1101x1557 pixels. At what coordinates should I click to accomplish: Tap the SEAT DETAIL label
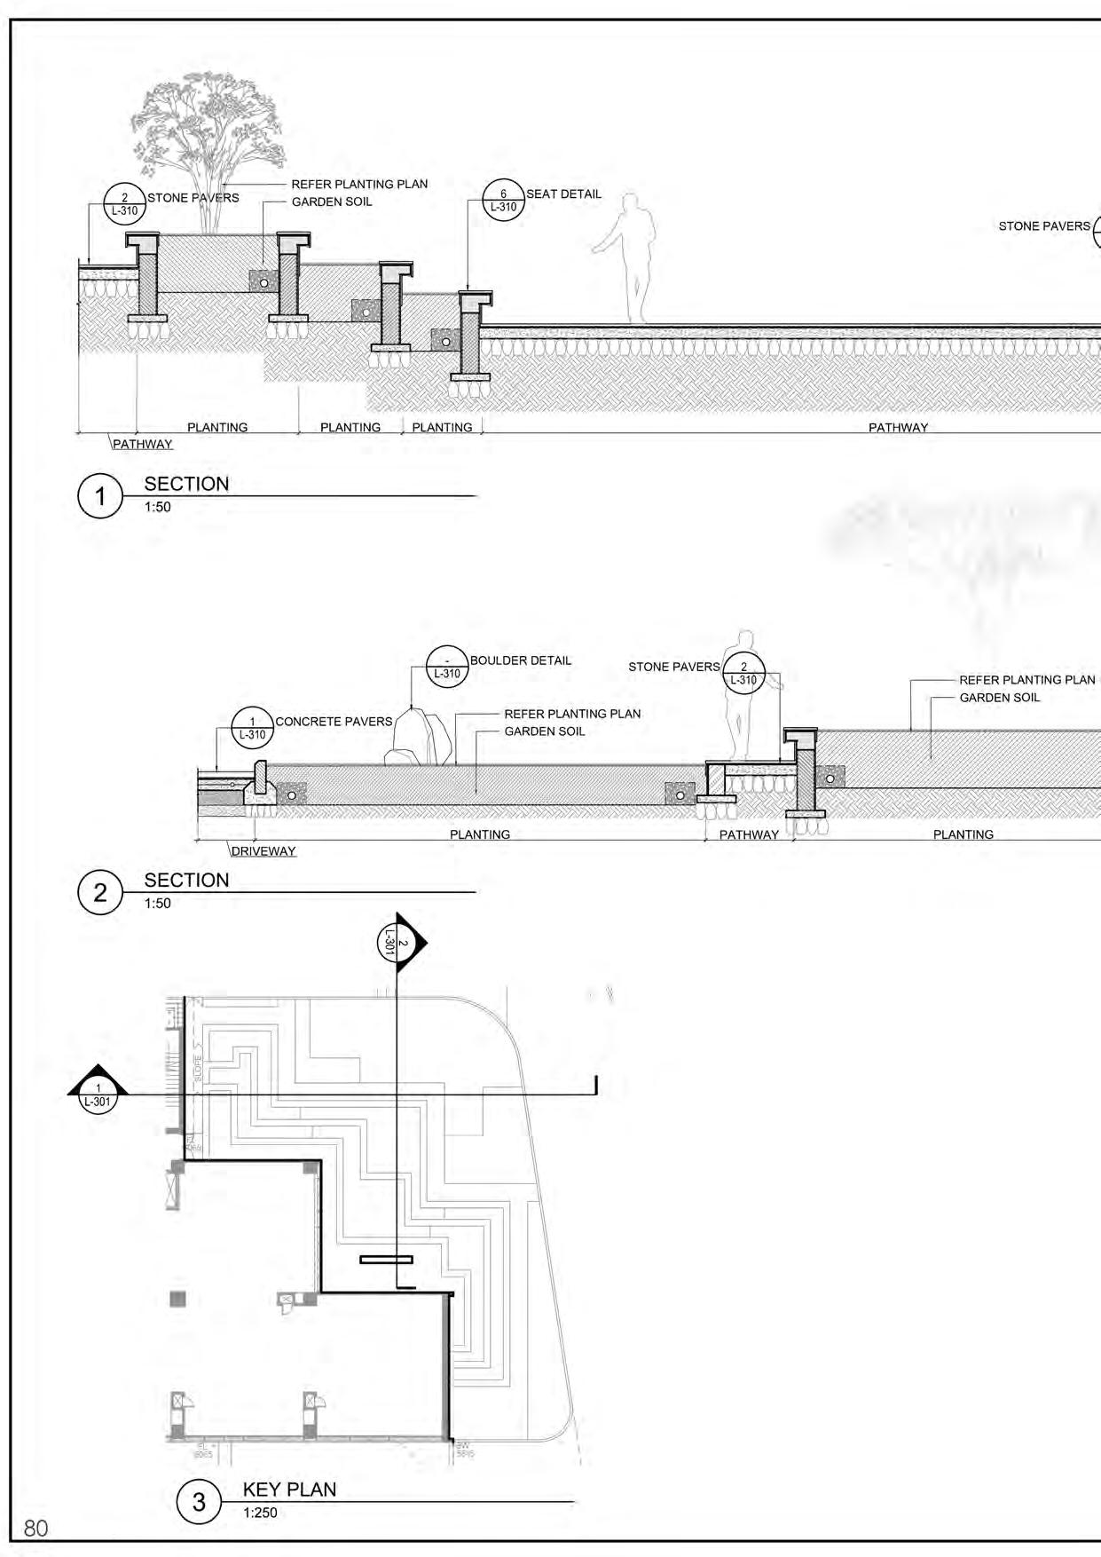click(x=563, y=194)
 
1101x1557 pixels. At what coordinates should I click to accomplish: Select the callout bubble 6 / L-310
click(x=503, y=201)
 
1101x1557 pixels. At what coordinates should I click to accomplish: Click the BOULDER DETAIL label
click(x=521, y=660)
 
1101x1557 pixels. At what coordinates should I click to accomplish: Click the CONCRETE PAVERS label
click(x=334, y=722)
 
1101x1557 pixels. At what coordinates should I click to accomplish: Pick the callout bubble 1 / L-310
click(x=253, y=728)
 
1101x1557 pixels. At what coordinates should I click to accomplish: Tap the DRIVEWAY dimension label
click(x=263, y=851)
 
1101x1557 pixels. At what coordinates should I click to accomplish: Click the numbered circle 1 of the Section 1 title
click(x=99, y=496)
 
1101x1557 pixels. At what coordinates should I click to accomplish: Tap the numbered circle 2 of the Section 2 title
click(x=99, y=892)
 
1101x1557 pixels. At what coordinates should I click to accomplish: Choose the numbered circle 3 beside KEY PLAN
click(x=199, y=1501)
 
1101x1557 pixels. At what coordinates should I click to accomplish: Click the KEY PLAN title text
click(x=289, y=1490)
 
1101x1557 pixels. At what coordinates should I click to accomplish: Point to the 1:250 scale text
click(x=260, y=1513)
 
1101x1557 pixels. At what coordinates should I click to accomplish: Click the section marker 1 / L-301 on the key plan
click(x=98, y=1089)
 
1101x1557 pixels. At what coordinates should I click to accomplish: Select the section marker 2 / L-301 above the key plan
click(x=397, y=943)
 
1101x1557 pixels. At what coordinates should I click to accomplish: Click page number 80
click(x=36, y=1528)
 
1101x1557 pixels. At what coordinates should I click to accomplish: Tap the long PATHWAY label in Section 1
click(x=898, y=427)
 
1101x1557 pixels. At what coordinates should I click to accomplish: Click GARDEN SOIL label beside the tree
click(x=332, y=202)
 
